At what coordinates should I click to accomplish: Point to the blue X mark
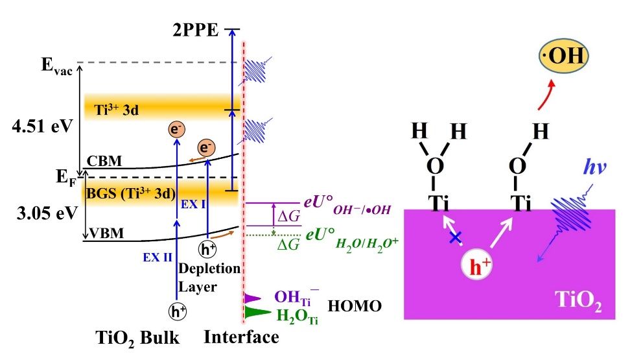(x=456, y=239)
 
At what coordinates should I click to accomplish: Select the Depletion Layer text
(x=218, y=276)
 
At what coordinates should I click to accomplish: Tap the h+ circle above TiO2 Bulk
(x=176, y=311)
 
